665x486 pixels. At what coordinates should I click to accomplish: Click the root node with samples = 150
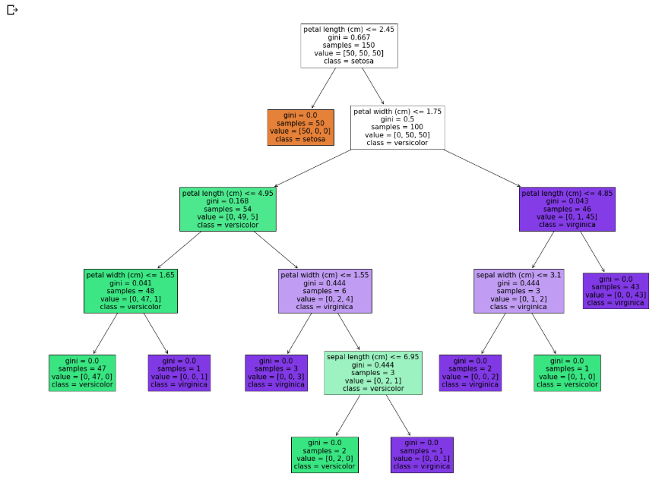(349, 46)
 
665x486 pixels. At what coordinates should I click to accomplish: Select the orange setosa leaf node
(299, 127)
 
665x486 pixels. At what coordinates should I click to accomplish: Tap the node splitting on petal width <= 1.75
(397, 127)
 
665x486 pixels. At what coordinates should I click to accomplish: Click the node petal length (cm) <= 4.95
(228, 209)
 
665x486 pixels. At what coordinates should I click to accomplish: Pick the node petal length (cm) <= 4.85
(567, 209)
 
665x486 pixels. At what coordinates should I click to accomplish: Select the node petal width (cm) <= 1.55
(325, 290)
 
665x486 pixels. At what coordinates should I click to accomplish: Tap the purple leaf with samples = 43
(616, 290)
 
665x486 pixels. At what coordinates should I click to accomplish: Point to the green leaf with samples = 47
(82, 372)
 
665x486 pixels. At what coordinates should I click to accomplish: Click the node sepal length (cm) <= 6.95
(373, 372)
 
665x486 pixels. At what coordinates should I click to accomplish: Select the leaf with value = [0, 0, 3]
(276, 372)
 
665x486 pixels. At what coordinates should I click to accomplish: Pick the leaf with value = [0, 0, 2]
(470, 372)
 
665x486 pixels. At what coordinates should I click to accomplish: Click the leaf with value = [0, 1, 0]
(567, 372)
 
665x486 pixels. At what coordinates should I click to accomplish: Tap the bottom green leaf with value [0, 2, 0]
(325, 454)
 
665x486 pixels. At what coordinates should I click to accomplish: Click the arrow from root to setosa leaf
(325, 88)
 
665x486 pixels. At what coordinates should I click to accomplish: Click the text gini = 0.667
(349, 37)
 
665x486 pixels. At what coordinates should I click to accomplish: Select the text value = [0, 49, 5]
(228, 217)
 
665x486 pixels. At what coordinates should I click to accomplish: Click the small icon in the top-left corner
(12, 10)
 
